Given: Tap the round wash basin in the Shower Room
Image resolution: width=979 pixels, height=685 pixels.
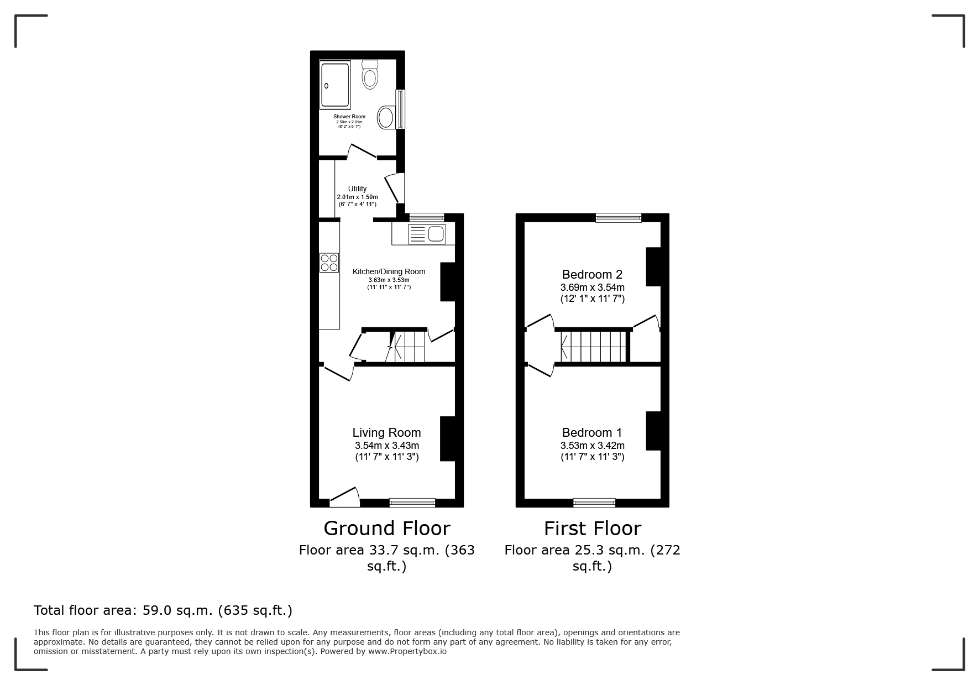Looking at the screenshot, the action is coord(386,117).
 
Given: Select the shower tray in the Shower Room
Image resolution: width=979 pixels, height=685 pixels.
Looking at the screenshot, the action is coord(335,85).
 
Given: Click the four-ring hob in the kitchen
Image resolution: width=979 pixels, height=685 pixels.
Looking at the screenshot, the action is coord(329,262).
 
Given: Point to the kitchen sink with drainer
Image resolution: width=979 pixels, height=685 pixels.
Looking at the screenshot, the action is coord(426,234).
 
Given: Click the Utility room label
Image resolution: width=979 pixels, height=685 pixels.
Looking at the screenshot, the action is coord(357,189).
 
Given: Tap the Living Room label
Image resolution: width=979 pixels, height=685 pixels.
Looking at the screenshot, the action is coord(387,433).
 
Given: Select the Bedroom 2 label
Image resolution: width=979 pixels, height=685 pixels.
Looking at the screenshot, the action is coord(592,274).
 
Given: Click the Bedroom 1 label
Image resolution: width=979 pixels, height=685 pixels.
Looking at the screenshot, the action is coord(592,432).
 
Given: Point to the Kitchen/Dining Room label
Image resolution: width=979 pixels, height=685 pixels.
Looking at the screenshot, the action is coord(389,271).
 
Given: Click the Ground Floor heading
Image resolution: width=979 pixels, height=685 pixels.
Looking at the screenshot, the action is coord(387,528).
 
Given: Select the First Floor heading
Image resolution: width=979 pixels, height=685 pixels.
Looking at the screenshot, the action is coord(593,528).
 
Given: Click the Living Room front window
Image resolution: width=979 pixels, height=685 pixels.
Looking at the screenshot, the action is coord(412,503).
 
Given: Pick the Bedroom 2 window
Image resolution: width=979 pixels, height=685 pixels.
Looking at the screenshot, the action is coord(619,218).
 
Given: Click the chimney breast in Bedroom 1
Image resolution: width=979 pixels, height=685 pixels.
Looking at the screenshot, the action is coord(653,431).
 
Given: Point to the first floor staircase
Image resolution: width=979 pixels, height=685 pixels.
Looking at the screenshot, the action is coord(593,346).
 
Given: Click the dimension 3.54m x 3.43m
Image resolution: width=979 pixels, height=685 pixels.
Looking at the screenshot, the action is coord(387,446).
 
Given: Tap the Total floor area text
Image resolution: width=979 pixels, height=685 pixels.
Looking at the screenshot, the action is coord(163,610).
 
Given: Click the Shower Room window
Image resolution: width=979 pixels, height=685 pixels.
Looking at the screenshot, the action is coord(401,109).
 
